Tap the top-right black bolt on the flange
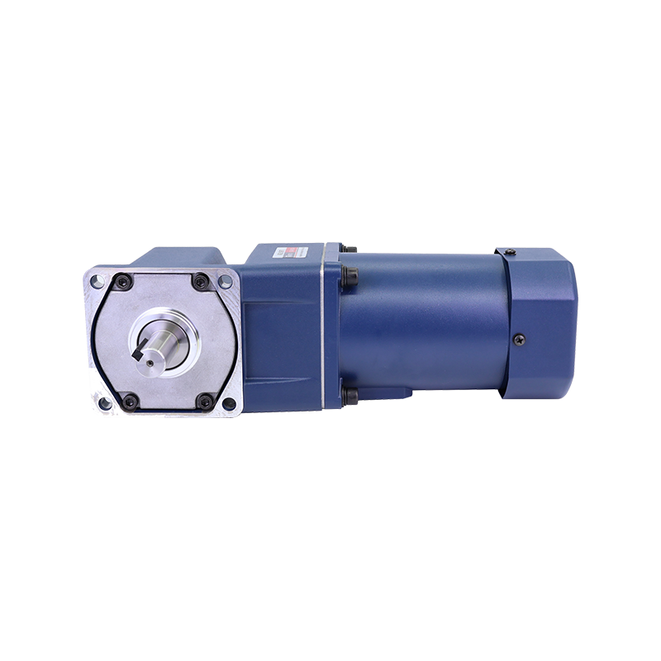click(x=201, y=282)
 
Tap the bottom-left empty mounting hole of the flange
click(x=103, y=404)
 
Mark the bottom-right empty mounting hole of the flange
click(x=230, y=404)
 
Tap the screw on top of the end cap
click(x=510, y=251)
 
